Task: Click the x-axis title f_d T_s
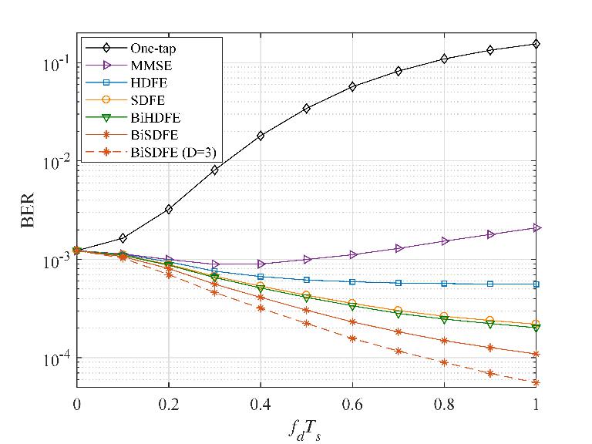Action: click(306, 425)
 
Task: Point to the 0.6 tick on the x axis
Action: click(352, 403)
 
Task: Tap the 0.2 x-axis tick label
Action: click(168, 403)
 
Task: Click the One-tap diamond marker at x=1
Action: click(536, 44)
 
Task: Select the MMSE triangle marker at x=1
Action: click(536, 227)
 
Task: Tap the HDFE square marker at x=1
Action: click(536, 284)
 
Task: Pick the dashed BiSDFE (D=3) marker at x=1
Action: click(536, 382)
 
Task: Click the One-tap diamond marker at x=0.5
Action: click(306, 109)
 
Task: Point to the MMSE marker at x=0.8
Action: click(444, 241)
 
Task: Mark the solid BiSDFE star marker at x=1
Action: click(536, 355)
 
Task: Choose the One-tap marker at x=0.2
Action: click(168, 209)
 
